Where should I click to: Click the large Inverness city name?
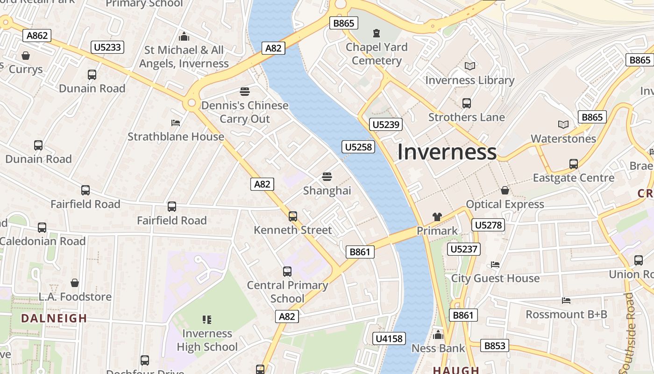tap(447, 152)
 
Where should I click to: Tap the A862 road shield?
tap(38, 36)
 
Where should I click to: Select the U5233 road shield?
tap(107, 47)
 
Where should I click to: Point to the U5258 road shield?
tap(359, 147)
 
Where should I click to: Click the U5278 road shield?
tap(488, 225)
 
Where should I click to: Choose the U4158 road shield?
tap(389, 338)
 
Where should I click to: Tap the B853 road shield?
tap(495, 345)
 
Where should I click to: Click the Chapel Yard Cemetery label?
tap(377, 54)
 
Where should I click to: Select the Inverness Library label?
tap(469, 80)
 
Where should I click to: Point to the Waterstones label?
tap(563, 138)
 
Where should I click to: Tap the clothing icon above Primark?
tap(437, 217)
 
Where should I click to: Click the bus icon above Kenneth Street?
tap(293, 216)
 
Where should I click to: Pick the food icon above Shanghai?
tap(327, 177)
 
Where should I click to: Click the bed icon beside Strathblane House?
tap(176, 123)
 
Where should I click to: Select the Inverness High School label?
tap(207, 340)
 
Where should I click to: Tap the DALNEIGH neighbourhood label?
tap(54, 318)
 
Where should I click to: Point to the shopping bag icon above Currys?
tap(26, 56)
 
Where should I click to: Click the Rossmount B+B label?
tap(566, 314)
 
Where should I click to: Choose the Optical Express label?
tap(505, 204)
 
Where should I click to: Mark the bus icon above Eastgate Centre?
tap(573, 164)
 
